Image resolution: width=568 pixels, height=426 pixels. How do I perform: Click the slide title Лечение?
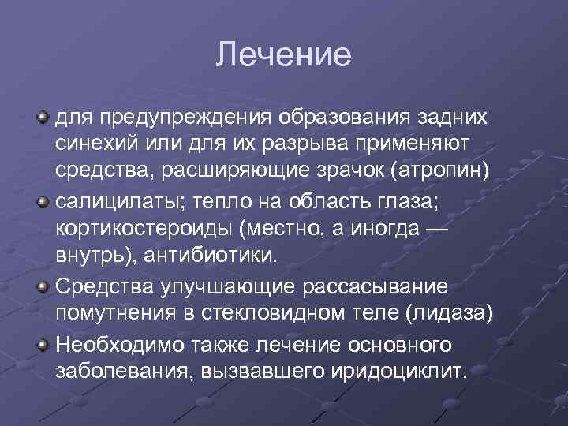pos(283,55)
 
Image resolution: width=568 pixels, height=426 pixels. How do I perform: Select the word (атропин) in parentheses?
pos(445,170)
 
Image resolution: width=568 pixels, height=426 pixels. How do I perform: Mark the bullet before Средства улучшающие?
pos(44,282)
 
